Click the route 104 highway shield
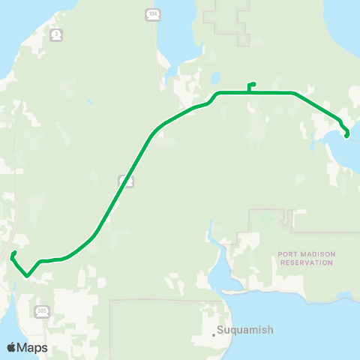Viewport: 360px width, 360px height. [152, 14]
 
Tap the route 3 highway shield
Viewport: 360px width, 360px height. [57, 34]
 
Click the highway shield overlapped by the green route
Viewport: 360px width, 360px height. [127, 181]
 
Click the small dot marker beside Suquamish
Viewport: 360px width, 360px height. [214, 334]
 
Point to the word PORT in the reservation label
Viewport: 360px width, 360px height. [287, 254]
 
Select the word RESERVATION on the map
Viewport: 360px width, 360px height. [305, 263]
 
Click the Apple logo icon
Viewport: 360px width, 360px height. [12, 347]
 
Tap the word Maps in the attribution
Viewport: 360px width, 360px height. [33, 348]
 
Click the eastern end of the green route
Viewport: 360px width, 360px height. [346, 136]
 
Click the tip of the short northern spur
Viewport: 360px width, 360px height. [255, 83]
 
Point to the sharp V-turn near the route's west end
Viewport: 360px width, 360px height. [27, 275]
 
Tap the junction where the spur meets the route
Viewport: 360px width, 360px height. [249, 92]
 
